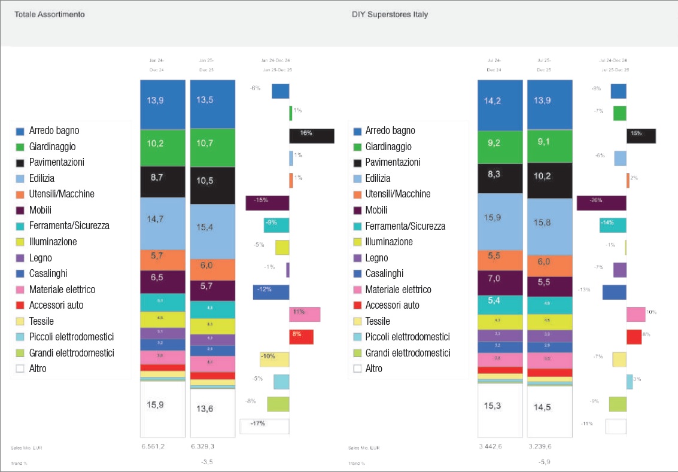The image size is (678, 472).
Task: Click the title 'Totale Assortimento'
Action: (49, 14)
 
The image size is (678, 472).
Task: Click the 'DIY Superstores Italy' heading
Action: (390, 14)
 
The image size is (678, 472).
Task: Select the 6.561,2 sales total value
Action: (156, 446)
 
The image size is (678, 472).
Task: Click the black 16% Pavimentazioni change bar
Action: (311, 136)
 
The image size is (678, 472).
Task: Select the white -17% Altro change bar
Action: (264, 426)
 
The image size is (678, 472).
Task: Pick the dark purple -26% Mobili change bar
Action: (601, 203)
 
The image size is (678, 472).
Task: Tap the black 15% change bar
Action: (641, 136)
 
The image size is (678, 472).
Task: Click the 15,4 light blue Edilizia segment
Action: (212, 232)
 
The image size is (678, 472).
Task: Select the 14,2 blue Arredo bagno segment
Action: (500, 105)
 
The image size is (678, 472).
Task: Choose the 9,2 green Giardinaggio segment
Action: (500, 147)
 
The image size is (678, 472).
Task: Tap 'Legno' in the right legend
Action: (376, 258)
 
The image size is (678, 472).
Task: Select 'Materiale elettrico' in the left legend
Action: (62, 290)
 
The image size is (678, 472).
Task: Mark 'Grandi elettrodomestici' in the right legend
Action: (407, 353)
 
